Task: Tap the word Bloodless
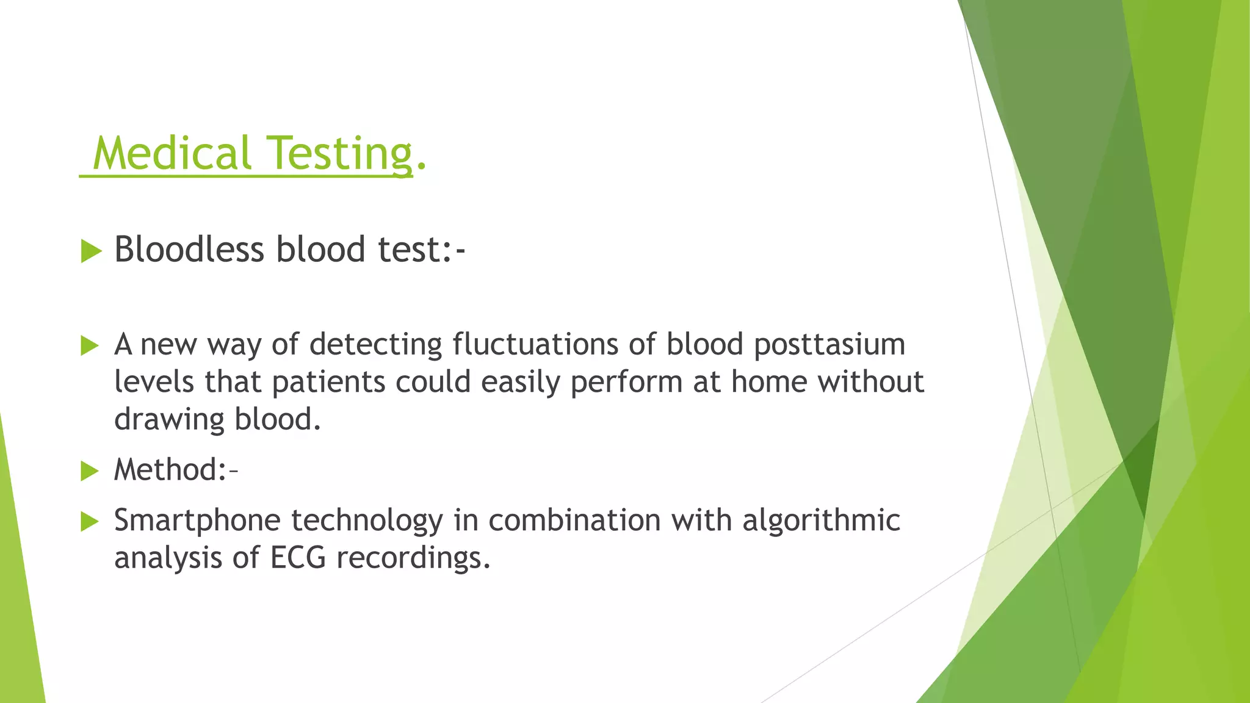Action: [189, 250]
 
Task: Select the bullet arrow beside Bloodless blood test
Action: [90, 251]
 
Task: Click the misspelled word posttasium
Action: [829, 345]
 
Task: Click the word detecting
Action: [375, 345]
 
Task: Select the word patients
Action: [328, 383]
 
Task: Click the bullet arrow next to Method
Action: [90, 471]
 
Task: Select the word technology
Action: [367, 521]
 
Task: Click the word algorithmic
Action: [821, 521]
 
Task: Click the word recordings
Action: [413, 558]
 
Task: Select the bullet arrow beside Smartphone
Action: [90, 522]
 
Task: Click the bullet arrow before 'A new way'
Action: [90, 346]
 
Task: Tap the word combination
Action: [574, 521]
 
